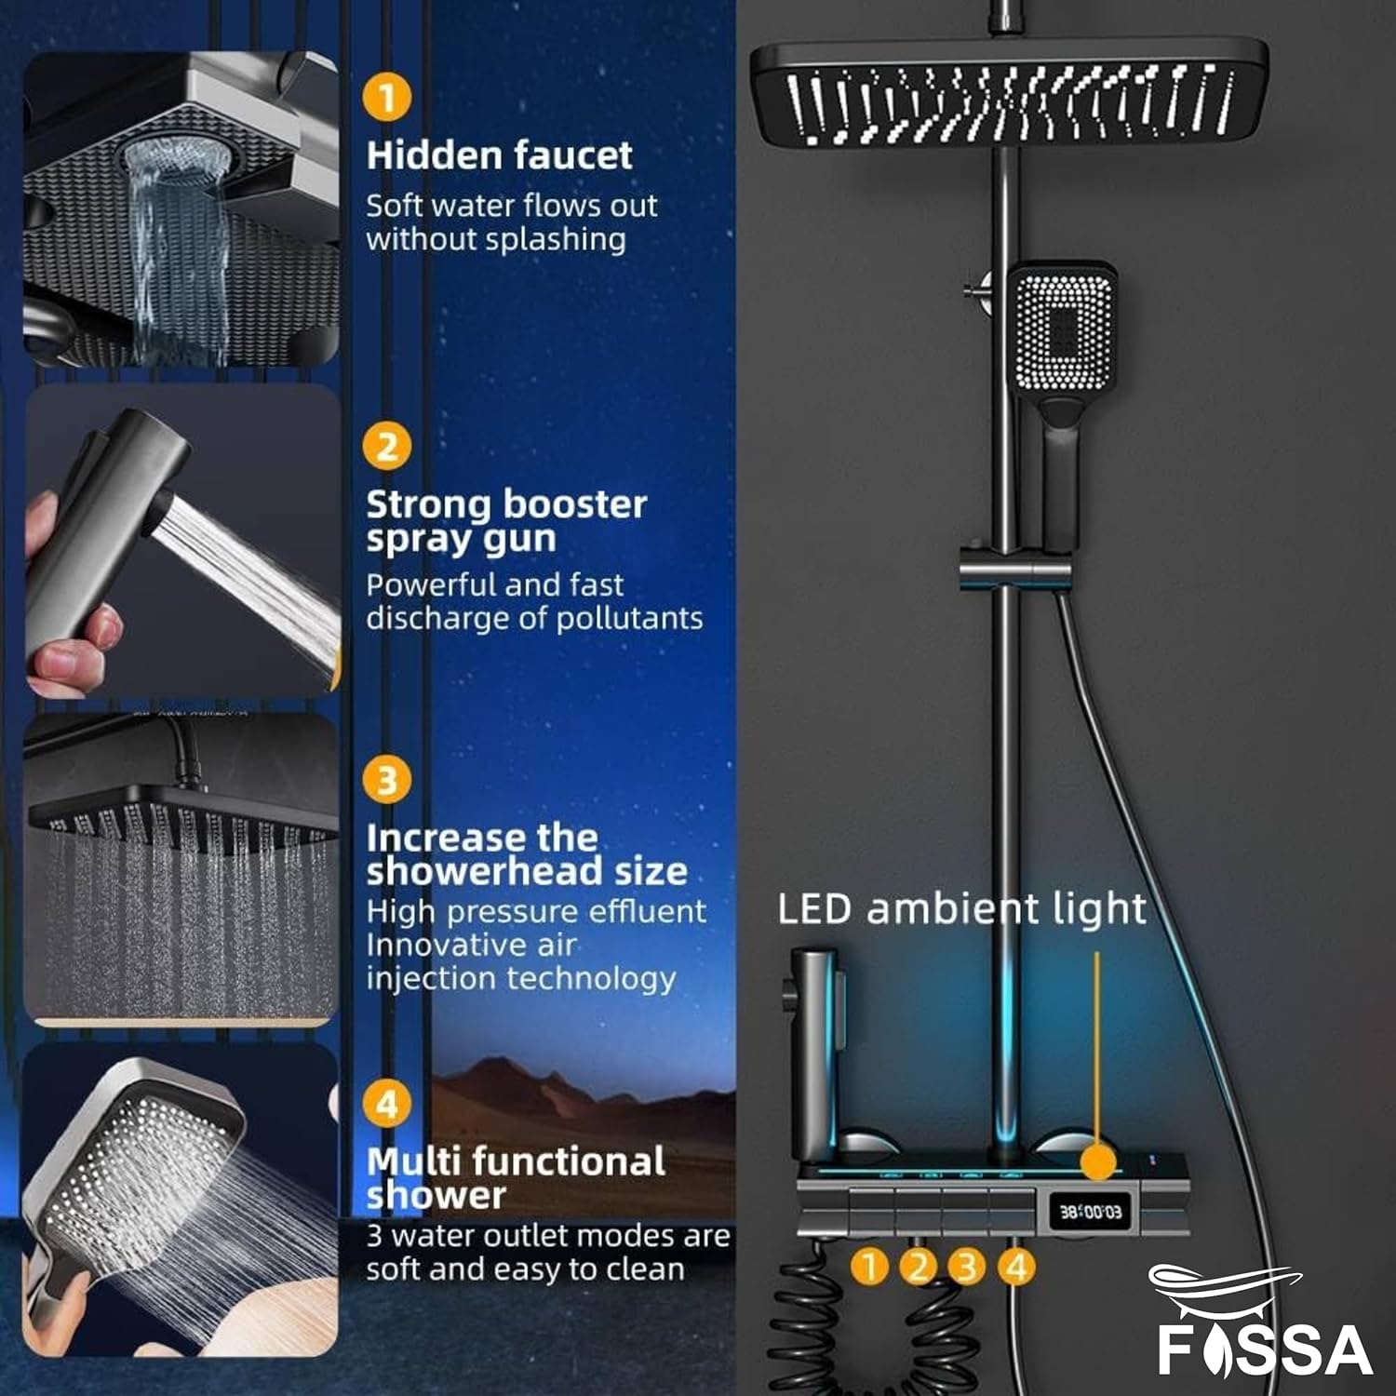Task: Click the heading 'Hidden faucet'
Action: [499, 155]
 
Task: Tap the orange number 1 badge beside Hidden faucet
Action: [387, 97]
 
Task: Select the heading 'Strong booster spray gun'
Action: [505, 521]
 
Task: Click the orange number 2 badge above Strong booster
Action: [387, 447]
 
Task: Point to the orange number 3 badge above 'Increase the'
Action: [387, 780]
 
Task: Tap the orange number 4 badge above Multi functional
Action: [387, 1105]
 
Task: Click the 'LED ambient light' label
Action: [961, 908]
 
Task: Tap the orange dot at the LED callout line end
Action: [1098, 1162]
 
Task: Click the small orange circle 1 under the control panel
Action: [870, 1267]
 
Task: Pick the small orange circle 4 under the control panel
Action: [1016, 1267]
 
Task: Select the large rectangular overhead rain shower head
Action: [1009, 96]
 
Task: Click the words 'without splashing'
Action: [495, 239]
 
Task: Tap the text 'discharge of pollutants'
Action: [533, 618]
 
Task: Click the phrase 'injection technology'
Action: [520, 978]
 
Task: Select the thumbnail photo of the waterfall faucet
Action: [181, 209]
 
